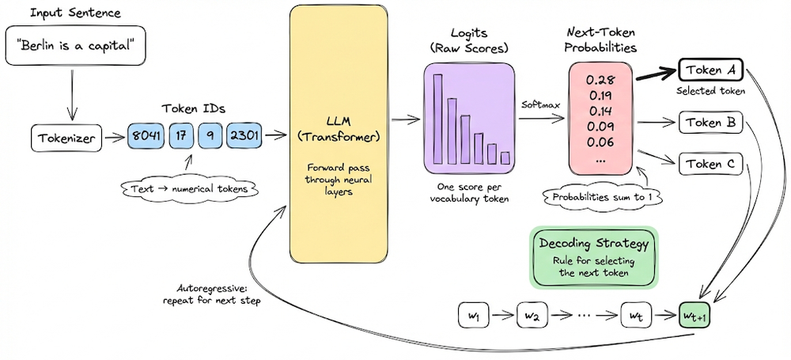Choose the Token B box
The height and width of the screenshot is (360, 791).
coord(710,123)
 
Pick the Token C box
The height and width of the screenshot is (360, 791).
coord(710,164)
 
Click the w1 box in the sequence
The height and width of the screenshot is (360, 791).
coord(475,316)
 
